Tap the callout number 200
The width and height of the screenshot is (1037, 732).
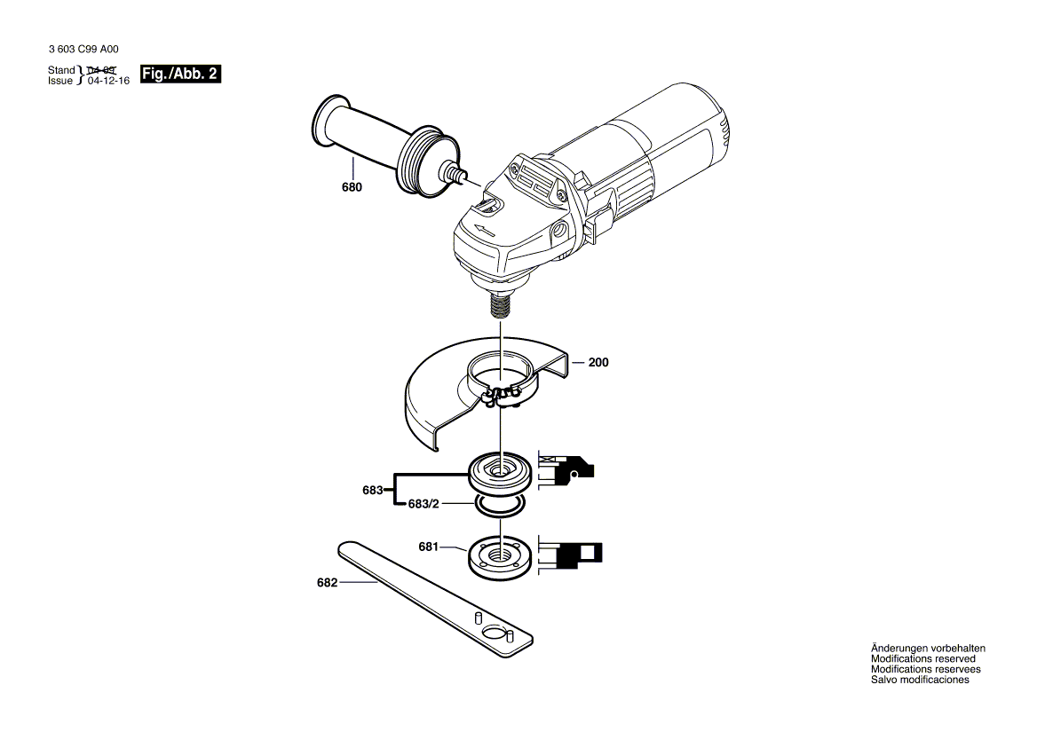pyautogui.click(x=598, y=363)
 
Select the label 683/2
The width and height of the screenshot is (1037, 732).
pyautogui.click(x=424, y=503)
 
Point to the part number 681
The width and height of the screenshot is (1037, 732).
pyautogui.click(x=429, y=547)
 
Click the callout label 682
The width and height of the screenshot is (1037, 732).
pyautogui.click(x=328, y=583)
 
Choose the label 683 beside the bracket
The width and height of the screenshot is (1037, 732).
pyautogui.click(x=372, y=490)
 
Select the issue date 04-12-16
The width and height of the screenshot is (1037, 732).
pyautogui.click(x=108, y=81)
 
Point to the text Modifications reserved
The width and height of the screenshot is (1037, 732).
pyautogui.click(x=923, y=659)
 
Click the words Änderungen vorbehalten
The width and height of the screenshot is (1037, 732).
pyautogui.click(x=928, y=649)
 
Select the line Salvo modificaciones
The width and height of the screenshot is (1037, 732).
pyautogui.click(x=920, y=681)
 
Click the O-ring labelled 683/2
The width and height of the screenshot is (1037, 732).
pyautogui.click(x=499, y=505)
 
